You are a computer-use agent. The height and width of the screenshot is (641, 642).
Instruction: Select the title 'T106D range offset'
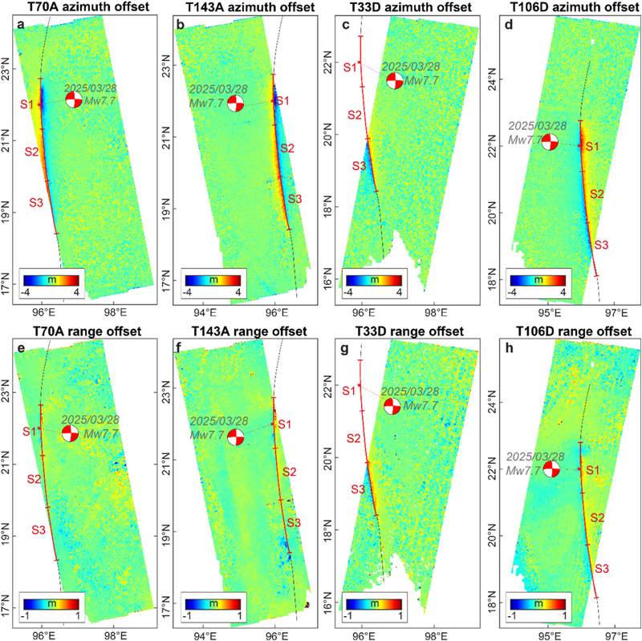click(x=574, y=331)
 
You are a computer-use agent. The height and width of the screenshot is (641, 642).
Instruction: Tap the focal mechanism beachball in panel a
click(x=74, y=100)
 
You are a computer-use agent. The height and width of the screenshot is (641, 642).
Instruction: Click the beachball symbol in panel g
click(x=392, y=406)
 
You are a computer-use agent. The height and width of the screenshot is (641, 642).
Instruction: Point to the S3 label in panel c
click(x=359, y=166)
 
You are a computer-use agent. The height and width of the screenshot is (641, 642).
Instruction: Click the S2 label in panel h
click(x=597, y=517)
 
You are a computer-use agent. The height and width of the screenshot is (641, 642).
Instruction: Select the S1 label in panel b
click(x=282, y=101)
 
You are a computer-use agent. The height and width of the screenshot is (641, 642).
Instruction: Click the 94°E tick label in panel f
click(x=205, y=636)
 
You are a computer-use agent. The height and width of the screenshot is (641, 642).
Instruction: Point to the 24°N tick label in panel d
click(x=494, y=79)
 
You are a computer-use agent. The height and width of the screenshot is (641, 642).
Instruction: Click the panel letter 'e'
click(x=21, y=348)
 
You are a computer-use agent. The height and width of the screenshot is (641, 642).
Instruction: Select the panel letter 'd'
click(x=510, y=25)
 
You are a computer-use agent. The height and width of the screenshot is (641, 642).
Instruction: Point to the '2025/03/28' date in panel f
click(x=219, y=421)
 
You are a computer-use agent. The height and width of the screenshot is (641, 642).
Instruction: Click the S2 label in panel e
click(x=34, y=478)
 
